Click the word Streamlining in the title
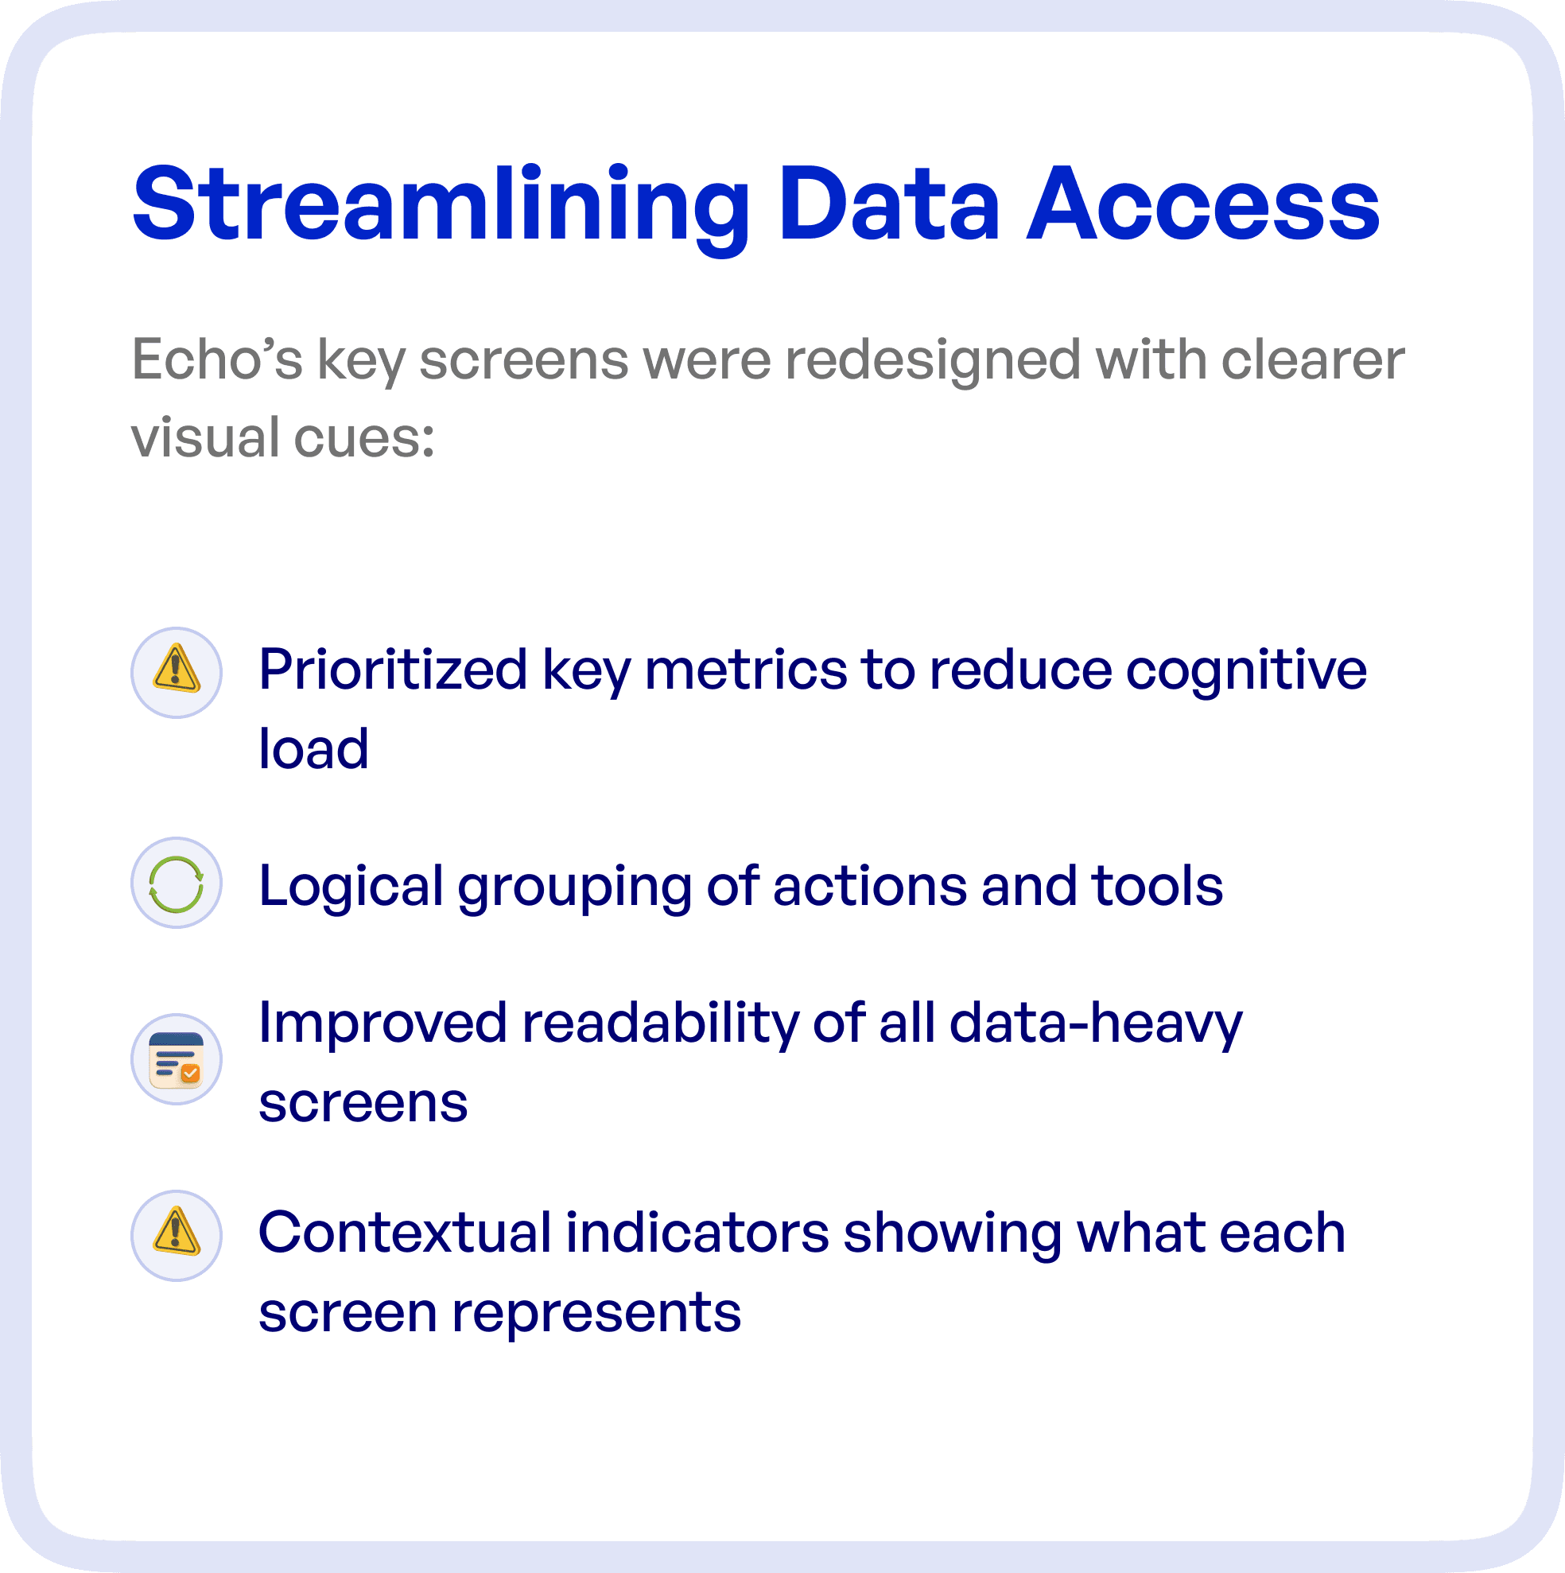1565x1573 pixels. click(x=440, y=205)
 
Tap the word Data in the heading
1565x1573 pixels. click(x=888, y=205)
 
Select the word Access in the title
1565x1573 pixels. click(x=1202, y=205)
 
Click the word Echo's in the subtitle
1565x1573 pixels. click(x=216, y=359)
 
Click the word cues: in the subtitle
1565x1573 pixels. click(x=364, y=437)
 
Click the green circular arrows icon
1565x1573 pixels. click(x=177, y=884)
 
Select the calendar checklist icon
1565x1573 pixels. click(x=177, y=1058)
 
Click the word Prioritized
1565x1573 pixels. click(x=393, y=670)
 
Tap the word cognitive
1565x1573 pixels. click(x=1246, y=670)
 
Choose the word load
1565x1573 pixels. click(x=313, y=748)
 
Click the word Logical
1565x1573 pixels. click(x=351, y=886)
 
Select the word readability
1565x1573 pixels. click(x=660, y=1023)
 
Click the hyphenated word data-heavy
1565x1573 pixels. click(x=1096, y=1023)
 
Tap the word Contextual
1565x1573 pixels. click(x=405, y=1232)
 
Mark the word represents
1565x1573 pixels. click(x=596, y=1311)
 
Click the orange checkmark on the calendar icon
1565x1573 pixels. click(x=190, y=1074)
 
